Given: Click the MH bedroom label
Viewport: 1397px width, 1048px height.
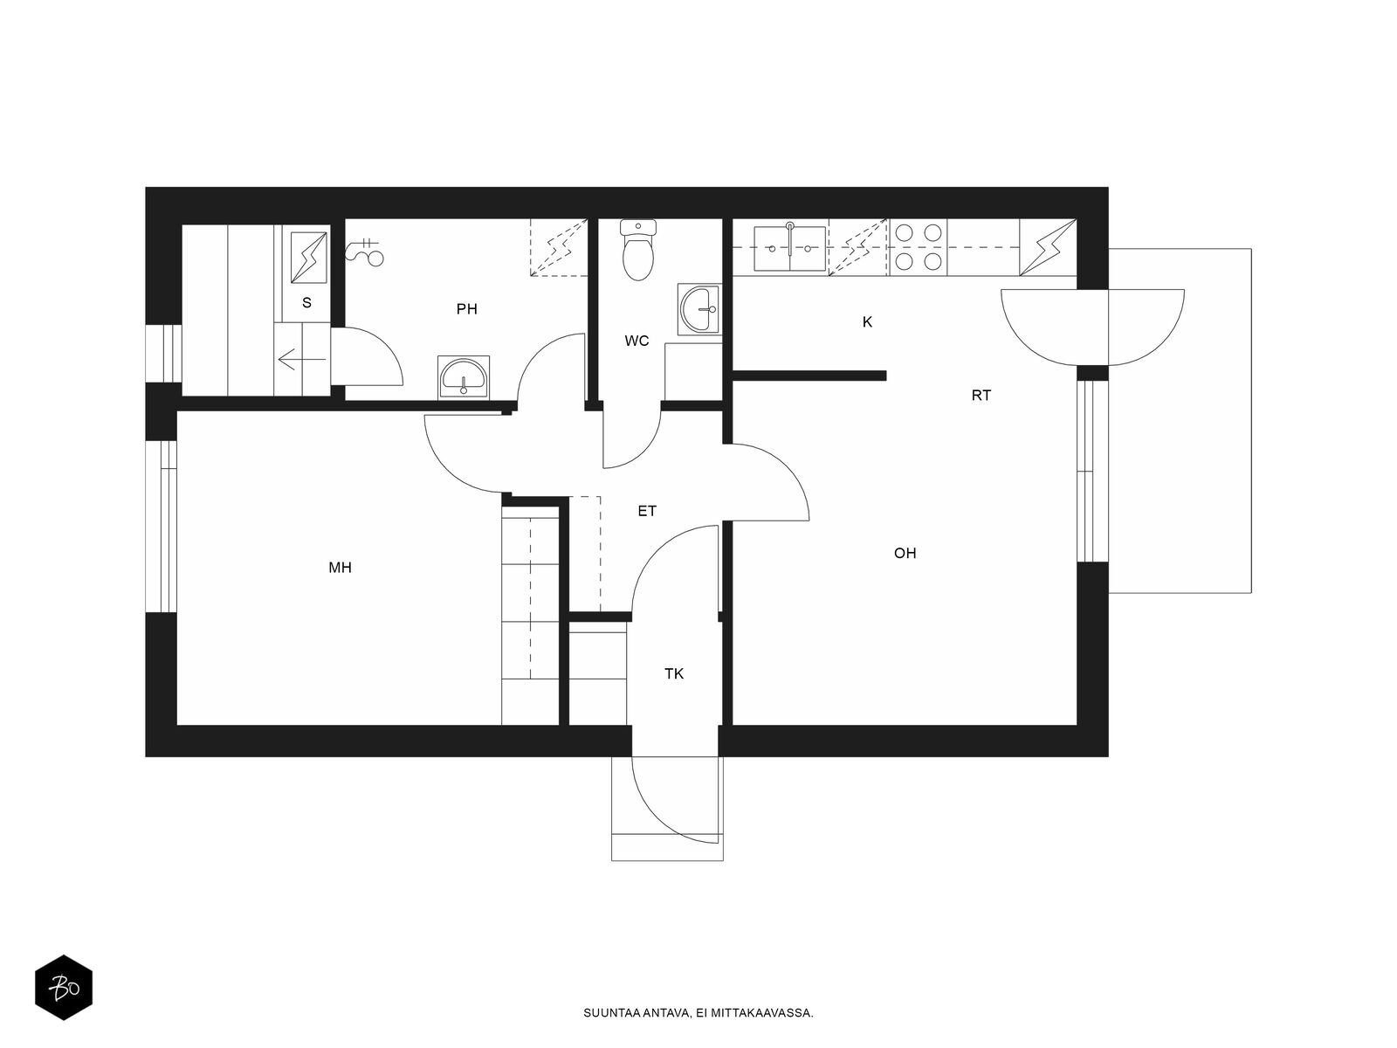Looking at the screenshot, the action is pyautogui.click(x=340, y=568).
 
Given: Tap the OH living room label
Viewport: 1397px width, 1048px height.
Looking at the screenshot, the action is pyautogui.click(x=905, y=553).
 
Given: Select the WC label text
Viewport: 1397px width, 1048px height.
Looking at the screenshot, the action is pyautogui.click(x=637, y=341).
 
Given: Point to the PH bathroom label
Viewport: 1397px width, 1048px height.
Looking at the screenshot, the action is pyautogui.click(x=466, y=309).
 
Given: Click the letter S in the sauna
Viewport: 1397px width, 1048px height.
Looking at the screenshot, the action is pyautogui.click(x=306, y=303).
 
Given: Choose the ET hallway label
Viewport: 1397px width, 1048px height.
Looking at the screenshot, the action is pyautogui.click(x=647, y=511).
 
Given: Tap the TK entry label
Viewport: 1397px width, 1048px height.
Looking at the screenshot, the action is pyautogui.click(x=674, y=674).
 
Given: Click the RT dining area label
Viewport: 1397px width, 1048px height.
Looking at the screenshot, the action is pyautogui.click(x=981, y=396).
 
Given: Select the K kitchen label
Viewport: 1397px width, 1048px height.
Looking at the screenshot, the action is pyautogui.click(x=868, y=322).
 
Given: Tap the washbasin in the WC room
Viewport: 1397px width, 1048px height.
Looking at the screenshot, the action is pyautogui.click(x=698, y=309).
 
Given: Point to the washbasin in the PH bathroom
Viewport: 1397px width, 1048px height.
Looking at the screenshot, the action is pyautogui.click(x=464, y=377).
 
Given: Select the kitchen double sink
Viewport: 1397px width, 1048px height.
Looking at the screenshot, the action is pyautogui.click(x=790, y=247).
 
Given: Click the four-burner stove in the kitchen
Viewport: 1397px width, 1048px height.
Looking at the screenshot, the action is pyautogui.click(x=919, y=247).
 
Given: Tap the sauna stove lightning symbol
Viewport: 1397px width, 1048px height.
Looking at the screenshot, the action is pyautogui.click(x=309, y=258).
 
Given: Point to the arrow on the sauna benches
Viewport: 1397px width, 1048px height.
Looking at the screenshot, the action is pyautogui.click(x=302, y=360).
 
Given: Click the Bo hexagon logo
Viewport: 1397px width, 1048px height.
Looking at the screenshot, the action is pyautogui.click(x=64, y=988).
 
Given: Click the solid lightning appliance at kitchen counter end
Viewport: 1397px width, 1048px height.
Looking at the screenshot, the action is pyautogui.click(x=1048, y=247).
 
